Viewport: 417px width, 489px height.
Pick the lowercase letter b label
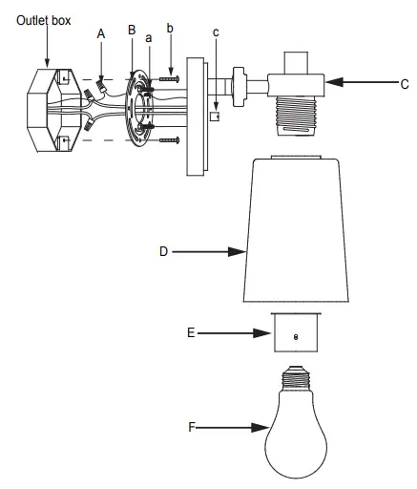170,28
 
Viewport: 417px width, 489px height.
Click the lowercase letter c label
216,32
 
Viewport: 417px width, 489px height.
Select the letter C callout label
405,85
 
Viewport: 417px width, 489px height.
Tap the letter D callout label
164,252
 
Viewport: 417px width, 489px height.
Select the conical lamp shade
295,229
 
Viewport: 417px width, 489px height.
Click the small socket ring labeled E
295,333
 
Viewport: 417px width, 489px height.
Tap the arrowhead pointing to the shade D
241,252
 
